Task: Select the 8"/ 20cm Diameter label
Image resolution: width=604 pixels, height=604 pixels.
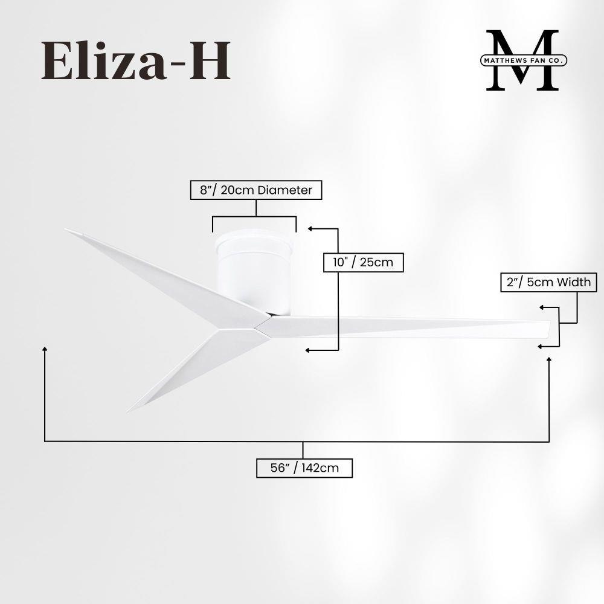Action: [255, 190]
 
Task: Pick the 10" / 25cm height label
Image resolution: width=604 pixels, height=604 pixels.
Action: [362, 262]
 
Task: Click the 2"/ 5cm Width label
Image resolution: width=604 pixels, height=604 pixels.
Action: [545, 283]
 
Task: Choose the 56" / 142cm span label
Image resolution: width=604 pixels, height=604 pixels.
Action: [304, 468]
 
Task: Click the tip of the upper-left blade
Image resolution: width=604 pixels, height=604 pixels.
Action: [68, 230]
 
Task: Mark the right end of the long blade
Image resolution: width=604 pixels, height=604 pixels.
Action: [550, 329]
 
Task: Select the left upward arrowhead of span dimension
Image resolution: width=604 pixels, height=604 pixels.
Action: [45, 349]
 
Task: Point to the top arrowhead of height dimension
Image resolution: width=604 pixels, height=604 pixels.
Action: [310, 229]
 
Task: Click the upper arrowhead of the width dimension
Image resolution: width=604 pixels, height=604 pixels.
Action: [541, 307]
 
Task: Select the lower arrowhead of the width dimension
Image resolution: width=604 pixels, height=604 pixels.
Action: [540, 346]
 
